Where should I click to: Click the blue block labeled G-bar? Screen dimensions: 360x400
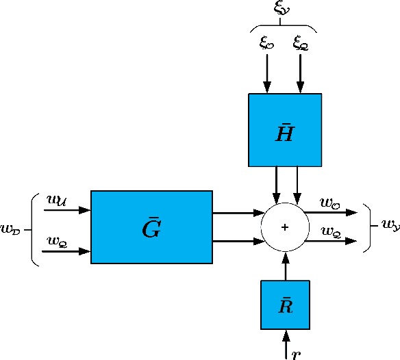click(x=151, y=227)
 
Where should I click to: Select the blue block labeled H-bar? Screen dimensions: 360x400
click(x=284, y=130)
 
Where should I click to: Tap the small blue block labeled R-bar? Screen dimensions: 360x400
click(x=286, y=305)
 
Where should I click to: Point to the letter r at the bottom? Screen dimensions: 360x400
click(x=295, y=354)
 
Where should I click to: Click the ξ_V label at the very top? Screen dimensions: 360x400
click(x=282, y=8)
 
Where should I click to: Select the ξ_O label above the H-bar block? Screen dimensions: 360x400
click(x=266, y=42)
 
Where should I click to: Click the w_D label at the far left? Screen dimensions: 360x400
click(x=10, y=229)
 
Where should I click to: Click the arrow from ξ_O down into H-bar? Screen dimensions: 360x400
click(x=267, y=72)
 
